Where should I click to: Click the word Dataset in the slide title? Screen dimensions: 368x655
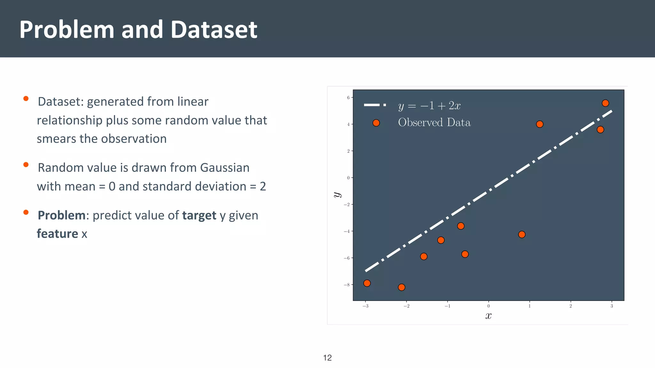pyautogui.click(x=214, y=30)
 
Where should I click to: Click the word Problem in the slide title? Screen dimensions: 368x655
pyautogui.click(x=67, y=30)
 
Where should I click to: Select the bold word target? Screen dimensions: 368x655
pyautogui.click(x=199, y=216)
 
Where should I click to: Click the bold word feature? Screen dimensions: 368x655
pyautogui.click(x=57, y=234)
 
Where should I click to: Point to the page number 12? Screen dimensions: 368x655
pyautogui.click(x=327, y=358)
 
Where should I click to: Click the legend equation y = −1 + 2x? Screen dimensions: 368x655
pyautogui.click(x=429, y=106)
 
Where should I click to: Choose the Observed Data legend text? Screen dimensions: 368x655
pyautogui.click(x=434, y=123)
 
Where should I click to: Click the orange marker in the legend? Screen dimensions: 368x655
pyautogui.click(x=376, y=123)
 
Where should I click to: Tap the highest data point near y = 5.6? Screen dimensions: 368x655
pyautogui.click(x=605, y=103)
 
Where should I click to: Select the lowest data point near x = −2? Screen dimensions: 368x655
pyautogui.click(x=401, y=287)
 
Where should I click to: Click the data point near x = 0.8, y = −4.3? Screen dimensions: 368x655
pyautogui.click(x=522, y=234)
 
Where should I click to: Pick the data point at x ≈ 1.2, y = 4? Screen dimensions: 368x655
pyautogui.click(x=540, y=124)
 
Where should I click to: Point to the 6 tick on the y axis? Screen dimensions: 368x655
pyautogui.click(x=348, y=98)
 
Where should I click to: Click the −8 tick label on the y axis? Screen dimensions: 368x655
pyautogui.click(x=347, y=285)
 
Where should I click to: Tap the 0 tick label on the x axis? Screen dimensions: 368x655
pyautogui.click(x=488, y=306)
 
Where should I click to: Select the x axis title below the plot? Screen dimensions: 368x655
pyautogui.click(x=488, y=316)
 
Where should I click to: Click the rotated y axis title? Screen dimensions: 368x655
pyautogui.click(x=337, y=195)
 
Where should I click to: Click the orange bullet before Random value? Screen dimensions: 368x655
pyautogui.click(x=26, y=165)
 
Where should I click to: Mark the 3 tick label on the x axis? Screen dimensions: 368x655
pyautogui.click(x=612, y=306)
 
